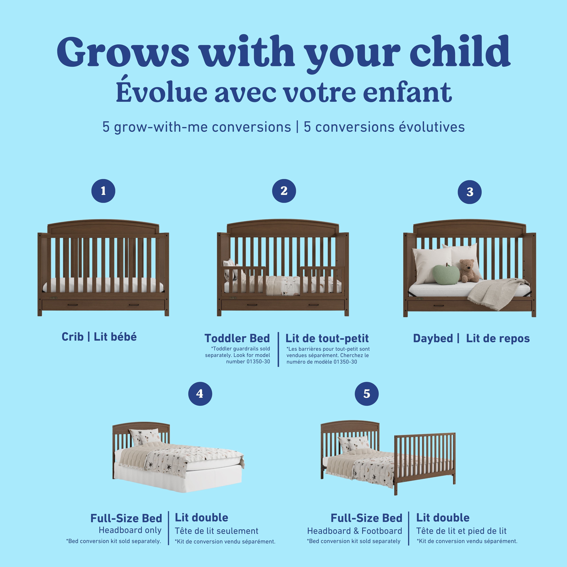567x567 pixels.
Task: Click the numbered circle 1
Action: (103, 191)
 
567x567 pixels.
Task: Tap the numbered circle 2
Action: (284, 191)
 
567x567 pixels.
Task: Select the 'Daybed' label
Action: (433, 338)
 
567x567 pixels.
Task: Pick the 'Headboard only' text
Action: (130, 530)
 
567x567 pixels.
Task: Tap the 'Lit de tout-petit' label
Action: (327, 338)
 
